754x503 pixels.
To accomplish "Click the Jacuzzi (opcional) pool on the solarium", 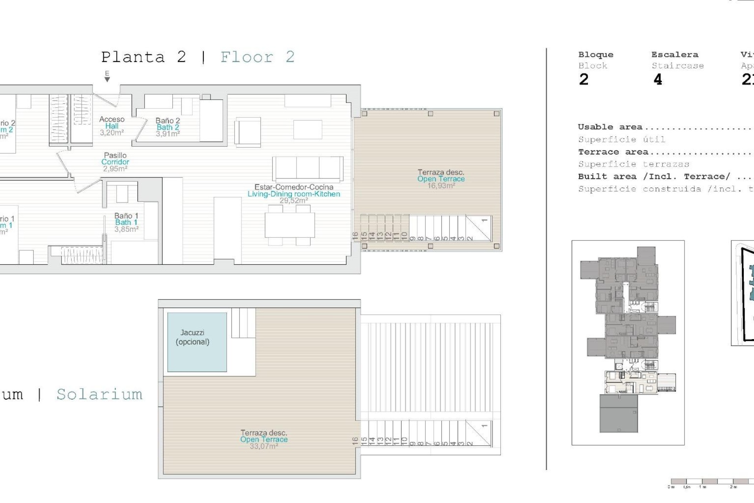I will coord(197,342).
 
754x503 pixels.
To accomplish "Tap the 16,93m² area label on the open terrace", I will coord(441,186).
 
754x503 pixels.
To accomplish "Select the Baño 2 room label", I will coord(168,121).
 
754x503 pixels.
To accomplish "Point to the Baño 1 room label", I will coord(126,216).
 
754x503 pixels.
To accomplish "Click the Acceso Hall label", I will coord(112,122).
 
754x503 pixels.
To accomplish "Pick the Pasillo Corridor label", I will coord(115,158).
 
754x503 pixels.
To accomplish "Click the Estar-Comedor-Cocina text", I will coord(293,187).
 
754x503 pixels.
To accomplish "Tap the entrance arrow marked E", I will coord(107,76).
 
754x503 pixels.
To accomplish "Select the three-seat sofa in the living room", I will coord(307,169).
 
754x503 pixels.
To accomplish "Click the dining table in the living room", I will coord(289,225).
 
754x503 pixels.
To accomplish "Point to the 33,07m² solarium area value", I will coord(264,446).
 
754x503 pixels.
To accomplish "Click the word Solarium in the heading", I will coord(99,394).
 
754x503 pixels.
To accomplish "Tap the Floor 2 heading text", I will coord(257,57).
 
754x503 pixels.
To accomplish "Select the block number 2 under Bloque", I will coord(584,80).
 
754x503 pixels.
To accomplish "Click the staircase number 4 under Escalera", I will coord(657,80).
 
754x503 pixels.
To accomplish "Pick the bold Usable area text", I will coord(610,127).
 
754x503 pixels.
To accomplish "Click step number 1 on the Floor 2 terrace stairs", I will coord(484,220).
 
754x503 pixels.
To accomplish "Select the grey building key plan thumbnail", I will coord(628,342).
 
